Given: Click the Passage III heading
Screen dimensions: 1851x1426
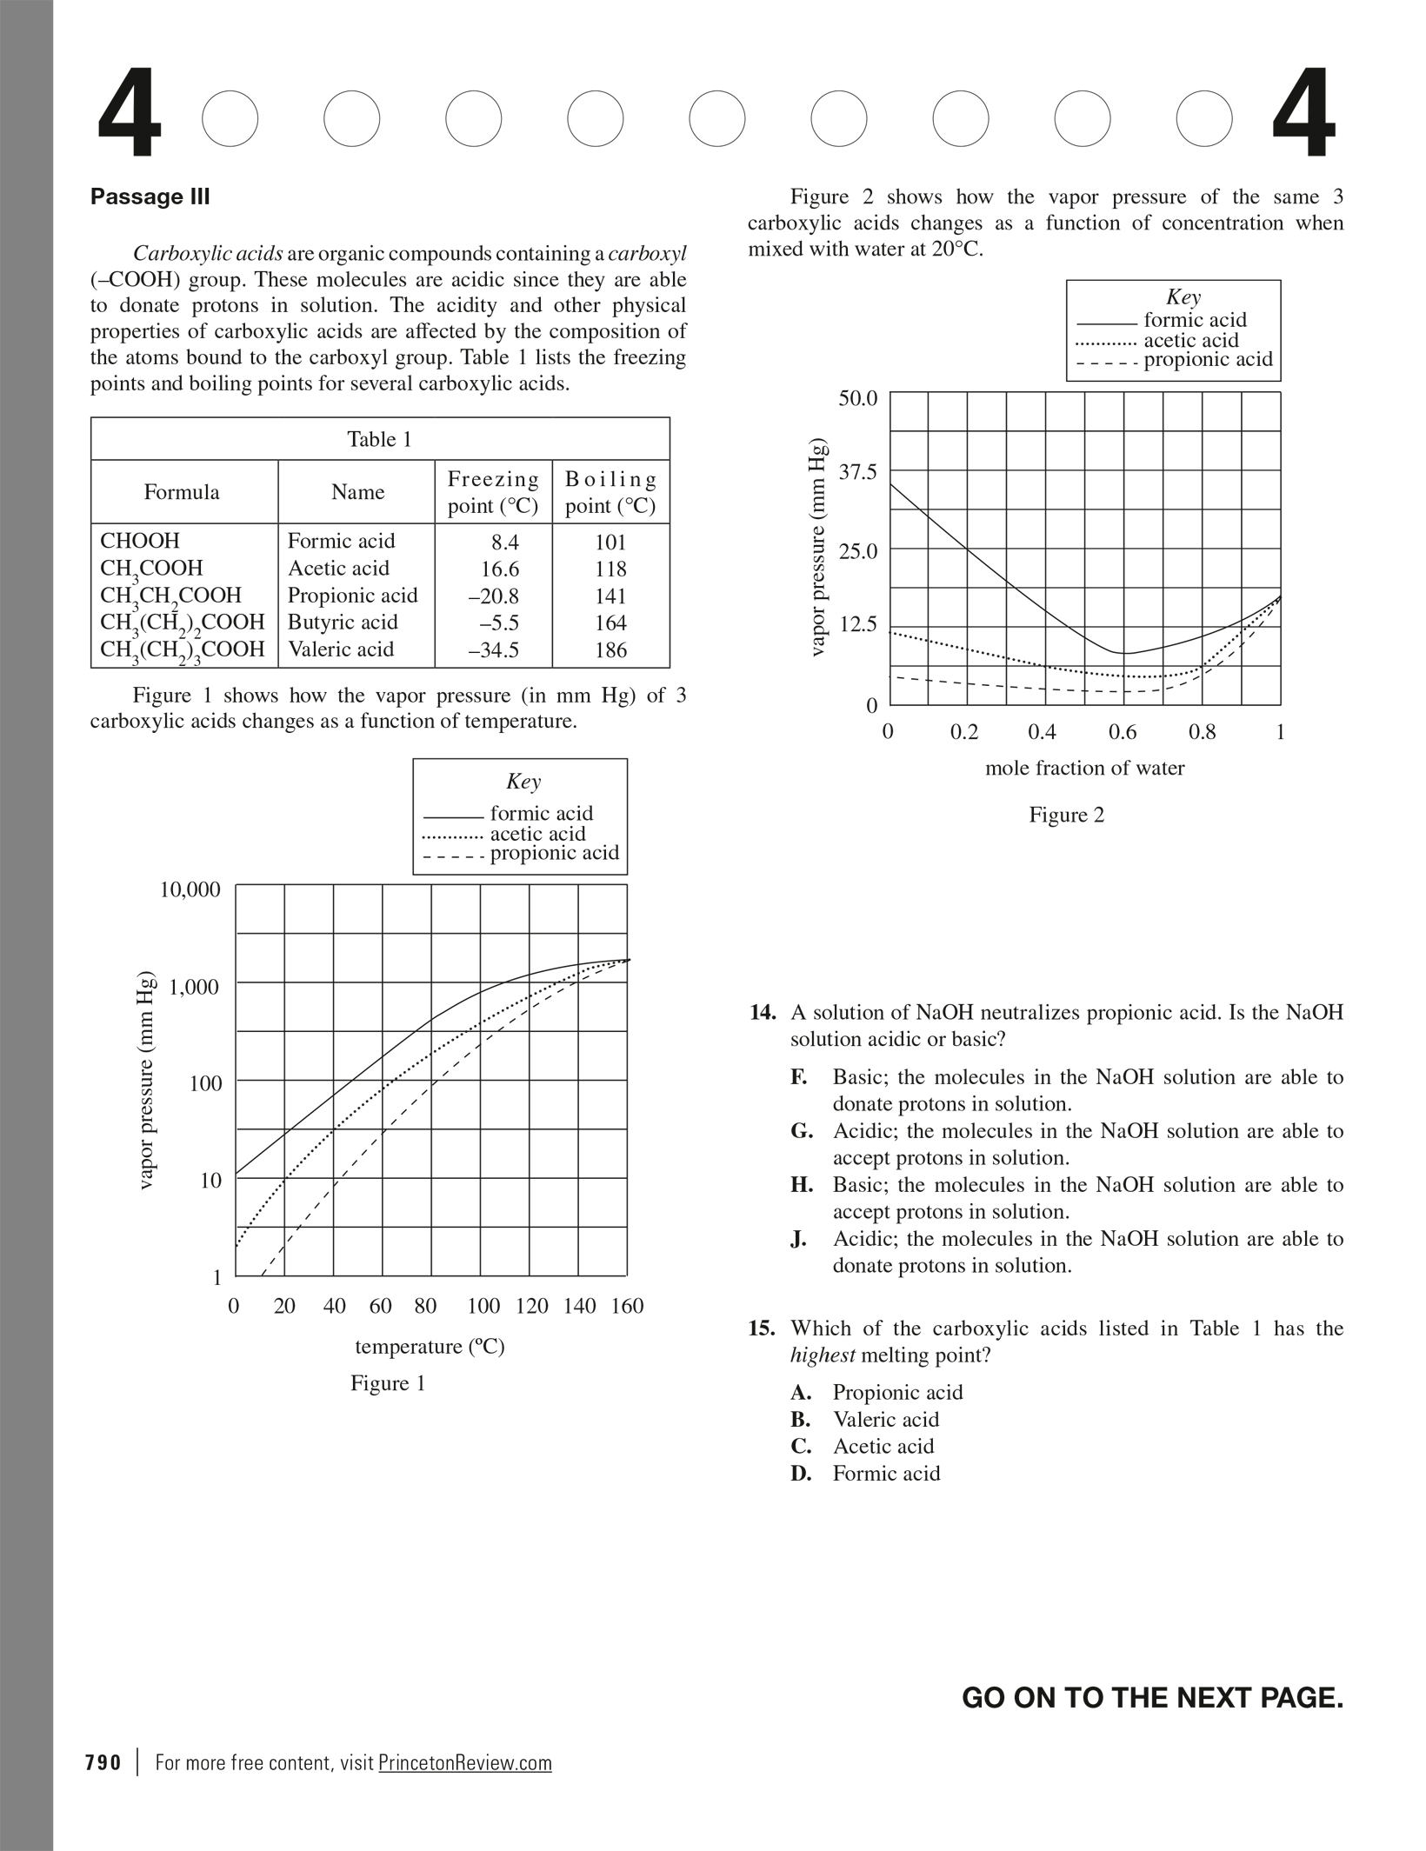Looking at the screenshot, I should [x=150, y=196].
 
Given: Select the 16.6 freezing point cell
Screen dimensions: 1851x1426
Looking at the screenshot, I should [x=500, y=569].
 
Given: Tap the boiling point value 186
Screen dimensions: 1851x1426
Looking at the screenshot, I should [x=610, y=649].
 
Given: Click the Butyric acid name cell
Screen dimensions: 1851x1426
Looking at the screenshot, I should [x=343, y=623].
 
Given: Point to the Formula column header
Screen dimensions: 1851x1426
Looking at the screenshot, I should [x=182, y=492].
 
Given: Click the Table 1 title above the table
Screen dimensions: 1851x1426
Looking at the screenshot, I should [x=379, y=439].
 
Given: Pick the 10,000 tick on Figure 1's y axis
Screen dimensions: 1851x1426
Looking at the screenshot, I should [x=190, y=889].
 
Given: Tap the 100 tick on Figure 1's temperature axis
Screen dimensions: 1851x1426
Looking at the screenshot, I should [x=483, y=1306].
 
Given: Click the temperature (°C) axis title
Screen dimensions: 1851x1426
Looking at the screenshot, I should [x=430, y=1347].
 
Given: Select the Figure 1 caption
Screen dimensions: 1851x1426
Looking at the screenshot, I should [x=388, y=1383].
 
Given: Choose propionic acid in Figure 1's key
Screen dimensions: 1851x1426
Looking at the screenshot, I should [x=554, y=853].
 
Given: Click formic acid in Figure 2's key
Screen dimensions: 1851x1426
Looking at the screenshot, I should [x=1195, y=320].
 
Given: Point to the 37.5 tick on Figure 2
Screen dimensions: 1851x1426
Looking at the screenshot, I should [x=857, y=472].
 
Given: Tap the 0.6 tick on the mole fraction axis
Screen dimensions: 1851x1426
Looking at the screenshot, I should [x=1122, y=732].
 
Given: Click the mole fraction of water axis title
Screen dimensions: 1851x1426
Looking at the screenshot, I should [x=1084, y=768].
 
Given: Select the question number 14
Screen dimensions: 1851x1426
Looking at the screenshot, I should [x=763, y=1013].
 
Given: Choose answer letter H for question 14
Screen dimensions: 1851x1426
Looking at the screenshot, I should [x=802, y=1185].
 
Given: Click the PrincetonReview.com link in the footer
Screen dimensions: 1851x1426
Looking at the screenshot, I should [x=465, y=1762].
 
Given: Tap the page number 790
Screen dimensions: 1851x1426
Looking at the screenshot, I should [x=103, y=1762].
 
